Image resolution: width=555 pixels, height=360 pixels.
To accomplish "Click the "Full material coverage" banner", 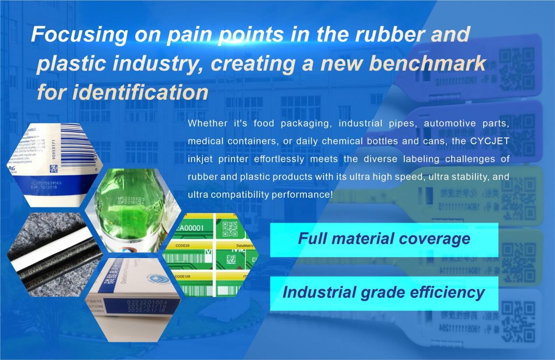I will point(384,239).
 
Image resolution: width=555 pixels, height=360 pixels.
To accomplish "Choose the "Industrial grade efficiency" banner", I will point(383,293).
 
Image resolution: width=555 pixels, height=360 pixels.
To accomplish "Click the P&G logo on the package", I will point(12,168).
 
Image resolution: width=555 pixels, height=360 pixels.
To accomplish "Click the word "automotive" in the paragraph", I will point(450,124).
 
